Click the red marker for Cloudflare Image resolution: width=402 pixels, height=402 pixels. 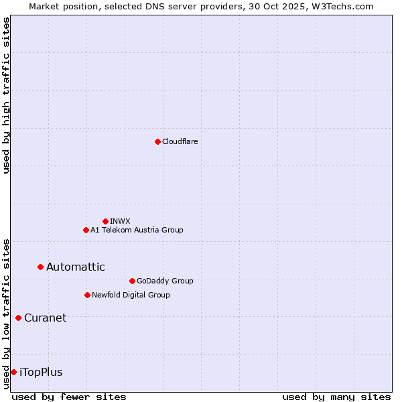click(x=157, y=141)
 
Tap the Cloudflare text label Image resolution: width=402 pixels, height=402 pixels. click(x=180, y=141)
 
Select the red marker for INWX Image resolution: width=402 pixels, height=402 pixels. click(x=105, y=221)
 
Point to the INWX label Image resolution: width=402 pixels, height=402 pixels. click(x=120, y=221)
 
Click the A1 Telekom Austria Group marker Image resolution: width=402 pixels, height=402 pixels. click(x=86, y=230)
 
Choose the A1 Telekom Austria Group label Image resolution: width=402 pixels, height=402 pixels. click(x=137, y=230)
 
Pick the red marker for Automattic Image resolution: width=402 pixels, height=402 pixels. click(x=40, y=267)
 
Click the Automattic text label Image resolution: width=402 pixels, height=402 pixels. click(x=75, y=267)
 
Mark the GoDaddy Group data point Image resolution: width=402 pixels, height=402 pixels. click(x=132, y=281)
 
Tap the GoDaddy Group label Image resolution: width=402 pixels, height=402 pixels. click(x=164, y=281)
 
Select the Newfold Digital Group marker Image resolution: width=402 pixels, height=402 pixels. click(x=87, y=295)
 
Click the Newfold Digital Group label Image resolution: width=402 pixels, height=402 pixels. click(x=131, y=295)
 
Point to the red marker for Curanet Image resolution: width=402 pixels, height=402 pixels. click(x=18, y=318)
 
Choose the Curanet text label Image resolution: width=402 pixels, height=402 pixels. click(x=45, y=318)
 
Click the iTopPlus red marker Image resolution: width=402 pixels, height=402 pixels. click(x=13, y=372)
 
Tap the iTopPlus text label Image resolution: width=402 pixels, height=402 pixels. click(x=41, y=372)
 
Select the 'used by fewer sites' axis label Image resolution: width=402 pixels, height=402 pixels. click(x=69, y=397)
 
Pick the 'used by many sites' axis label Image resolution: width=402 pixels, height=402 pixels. click(x=336, y=397)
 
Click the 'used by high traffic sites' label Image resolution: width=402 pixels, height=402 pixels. click(x=6, y=95)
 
